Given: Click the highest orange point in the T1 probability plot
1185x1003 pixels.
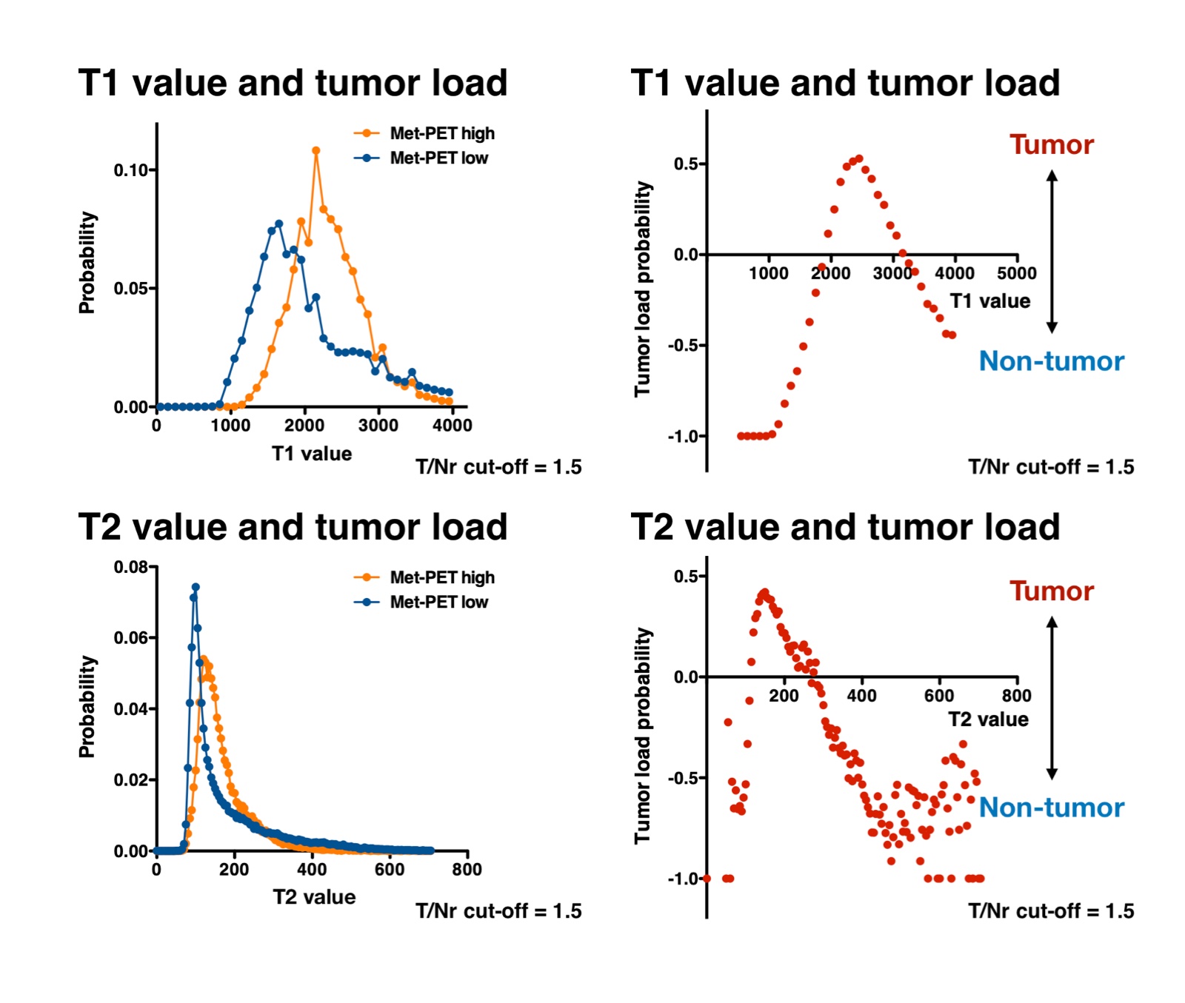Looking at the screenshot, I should coord(316,150).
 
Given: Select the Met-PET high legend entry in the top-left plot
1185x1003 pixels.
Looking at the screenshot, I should coord(441,133).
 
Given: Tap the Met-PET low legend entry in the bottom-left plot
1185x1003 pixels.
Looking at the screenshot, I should coord(438,602).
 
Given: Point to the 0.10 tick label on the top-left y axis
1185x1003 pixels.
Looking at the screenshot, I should coord(131,170).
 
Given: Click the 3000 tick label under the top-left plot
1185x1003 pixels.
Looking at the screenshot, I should coord(378,426).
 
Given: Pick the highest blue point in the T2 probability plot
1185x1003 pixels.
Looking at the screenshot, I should coord(196,587).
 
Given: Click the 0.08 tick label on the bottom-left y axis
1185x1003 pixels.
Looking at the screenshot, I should coord(131,567).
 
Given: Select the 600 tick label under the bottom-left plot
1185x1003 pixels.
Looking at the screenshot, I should coord(390,869).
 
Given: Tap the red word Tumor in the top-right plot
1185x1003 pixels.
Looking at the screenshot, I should coord(1052,144).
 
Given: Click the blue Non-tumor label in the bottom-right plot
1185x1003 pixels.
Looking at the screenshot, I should coord(1052,807).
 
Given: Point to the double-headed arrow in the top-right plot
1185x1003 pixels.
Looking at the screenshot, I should coord(1052,252).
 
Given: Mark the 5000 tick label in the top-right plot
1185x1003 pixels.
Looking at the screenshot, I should coord(1017,273).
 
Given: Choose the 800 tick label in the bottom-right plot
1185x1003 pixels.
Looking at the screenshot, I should coord(1017,695).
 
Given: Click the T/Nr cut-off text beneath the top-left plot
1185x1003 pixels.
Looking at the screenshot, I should coord(498,467).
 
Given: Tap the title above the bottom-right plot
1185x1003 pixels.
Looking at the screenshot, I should coord(845,527).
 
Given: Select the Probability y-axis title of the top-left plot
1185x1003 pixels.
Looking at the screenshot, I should coord(87,263).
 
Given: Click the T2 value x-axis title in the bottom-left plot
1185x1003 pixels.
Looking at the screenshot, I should coord(314,897).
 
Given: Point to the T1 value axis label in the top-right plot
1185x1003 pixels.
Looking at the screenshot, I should coord(990,301).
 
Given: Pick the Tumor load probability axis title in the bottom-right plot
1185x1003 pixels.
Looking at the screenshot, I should coord(643,736).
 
